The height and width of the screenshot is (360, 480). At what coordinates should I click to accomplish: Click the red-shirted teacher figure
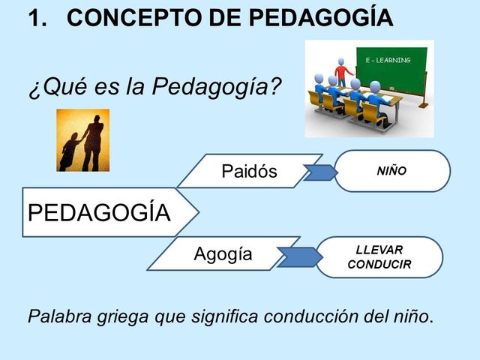coord(343,71)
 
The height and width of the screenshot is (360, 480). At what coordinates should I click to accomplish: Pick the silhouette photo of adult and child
coord(83,140)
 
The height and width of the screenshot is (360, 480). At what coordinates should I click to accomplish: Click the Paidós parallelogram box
coord(250,171)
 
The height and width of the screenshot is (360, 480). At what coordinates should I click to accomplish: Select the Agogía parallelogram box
coord(223,254)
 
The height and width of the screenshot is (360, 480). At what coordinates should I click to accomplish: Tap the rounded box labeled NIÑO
coord(391,171)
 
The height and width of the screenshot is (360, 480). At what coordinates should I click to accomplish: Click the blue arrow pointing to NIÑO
coord(318,172)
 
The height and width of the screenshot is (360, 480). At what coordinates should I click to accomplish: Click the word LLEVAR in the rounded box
coord(379,250)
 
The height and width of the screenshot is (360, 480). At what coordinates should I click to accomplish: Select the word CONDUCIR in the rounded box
coord(379,265)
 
